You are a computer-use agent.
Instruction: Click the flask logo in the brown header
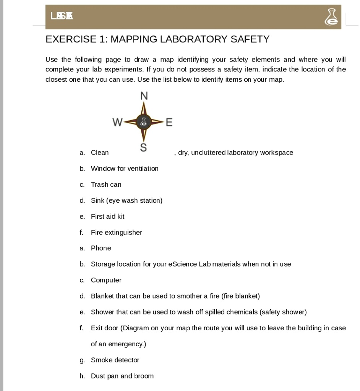click(x=331, y=17)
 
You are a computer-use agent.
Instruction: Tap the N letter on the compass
click(x=144, y=96)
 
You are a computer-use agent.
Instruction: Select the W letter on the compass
click(x=117, y=122)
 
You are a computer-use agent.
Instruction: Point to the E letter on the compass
click(x=169, y=122)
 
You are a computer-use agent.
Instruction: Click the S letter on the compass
click(x=143, y=148)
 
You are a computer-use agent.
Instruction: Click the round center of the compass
click(x=143, y=122)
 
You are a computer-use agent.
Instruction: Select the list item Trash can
click(x=106, y=184)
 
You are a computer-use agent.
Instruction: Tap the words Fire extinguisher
click(x=116, y=233)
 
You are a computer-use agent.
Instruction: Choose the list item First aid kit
click(x=107, y=217)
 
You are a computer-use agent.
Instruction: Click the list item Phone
click(x=101, y=248)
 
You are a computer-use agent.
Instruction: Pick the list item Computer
click(x=106, y=280)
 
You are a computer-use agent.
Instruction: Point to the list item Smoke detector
click(x=115, y=360)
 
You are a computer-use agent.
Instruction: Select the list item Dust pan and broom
click(x=122, y=376)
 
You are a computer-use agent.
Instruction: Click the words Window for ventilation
click(x=125, y=168)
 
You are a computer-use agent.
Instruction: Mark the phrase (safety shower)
click(x=283, y=312)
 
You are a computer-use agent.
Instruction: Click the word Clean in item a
click(x=100, y=153)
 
